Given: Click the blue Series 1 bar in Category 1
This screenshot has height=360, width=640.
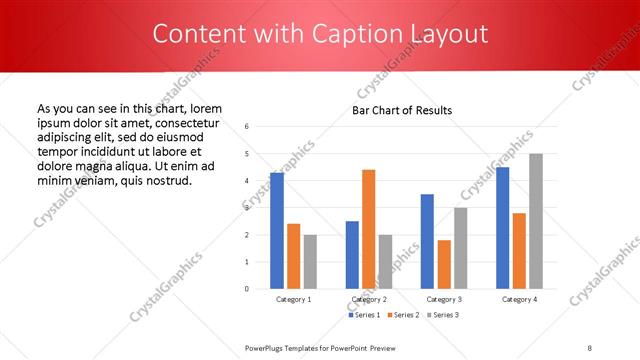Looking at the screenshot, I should (277, 231).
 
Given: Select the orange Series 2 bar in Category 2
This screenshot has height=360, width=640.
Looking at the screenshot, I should (369, 229).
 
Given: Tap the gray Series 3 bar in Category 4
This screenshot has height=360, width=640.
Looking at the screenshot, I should (536, 221).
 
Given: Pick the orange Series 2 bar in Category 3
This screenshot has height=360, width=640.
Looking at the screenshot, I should (444, 264).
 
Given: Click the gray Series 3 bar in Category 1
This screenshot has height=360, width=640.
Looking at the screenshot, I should (310, 262).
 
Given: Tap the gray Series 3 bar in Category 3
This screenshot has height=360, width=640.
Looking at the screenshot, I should (461, 248).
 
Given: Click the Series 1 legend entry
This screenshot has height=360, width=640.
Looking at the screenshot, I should (363, 315).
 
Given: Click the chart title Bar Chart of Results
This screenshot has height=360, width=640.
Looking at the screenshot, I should (402, 110).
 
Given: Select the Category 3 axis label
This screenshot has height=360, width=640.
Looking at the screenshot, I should (444, 299).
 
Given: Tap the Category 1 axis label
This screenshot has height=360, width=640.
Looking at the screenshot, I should (293, 299).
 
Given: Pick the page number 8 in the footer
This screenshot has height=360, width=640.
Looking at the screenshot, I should (590, 347).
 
